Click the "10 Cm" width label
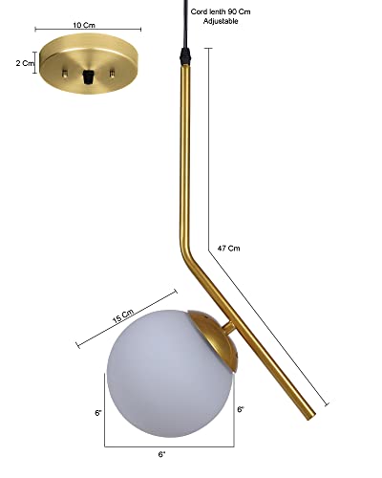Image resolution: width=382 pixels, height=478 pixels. point(84,25)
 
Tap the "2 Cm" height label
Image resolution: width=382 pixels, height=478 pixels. point(25,63)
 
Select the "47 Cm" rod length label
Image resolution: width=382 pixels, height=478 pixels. point(228,248)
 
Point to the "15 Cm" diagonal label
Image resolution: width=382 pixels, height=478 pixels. point(123,316)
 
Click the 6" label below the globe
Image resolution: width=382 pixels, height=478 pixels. point(162,454)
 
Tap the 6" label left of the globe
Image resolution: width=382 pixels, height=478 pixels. point(98,413)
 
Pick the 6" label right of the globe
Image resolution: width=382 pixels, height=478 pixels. point(241,409)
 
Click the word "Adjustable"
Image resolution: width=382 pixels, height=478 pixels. point(221,21)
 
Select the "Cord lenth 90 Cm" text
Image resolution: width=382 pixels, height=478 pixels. point(221,11)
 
